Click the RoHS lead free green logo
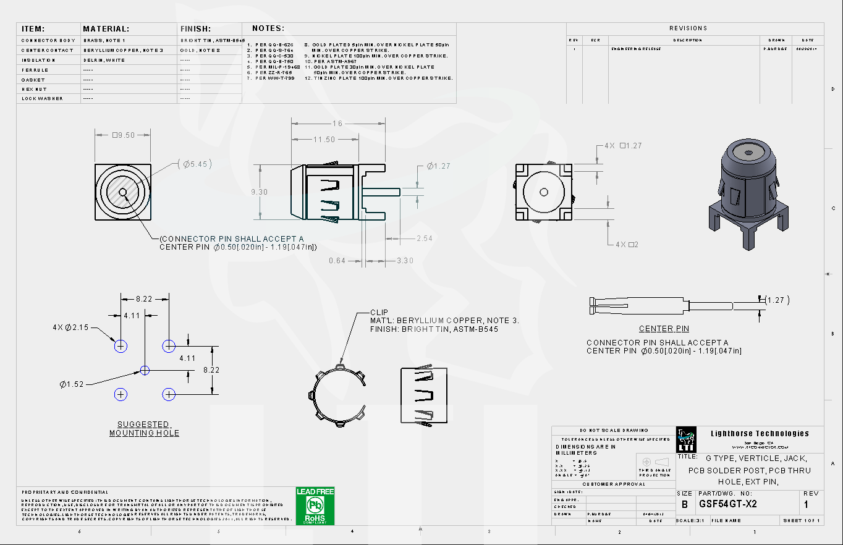(x=315, y=506)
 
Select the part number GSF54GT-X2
(x=727, y=504)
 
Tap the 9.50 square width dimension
(x=123, y=135)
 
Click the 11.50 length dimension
(x=324, y=140)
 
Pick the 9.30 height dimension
(x=259, y=192)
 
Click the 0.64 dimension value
(x=337, y=261)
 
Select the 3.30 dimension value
(x=405, y=261)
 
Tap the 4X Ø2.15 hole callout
(x=70, y=327)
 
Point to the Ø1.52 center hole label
(x=72, y=384)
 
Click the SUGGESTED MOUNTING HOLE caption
(x=144, y=429)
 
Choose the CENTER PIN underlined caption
(x=664, y=329)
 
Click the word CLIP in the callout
(x=379, y=313)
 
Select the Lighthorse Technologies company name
(x=760, y=433)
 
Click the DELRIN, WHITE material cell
(x=104, y=60)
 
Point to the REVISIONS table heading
(x=688, y=28)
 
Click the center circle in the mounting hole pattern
(x=145, y=370)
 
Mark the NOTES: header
(x=268, y=28)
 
